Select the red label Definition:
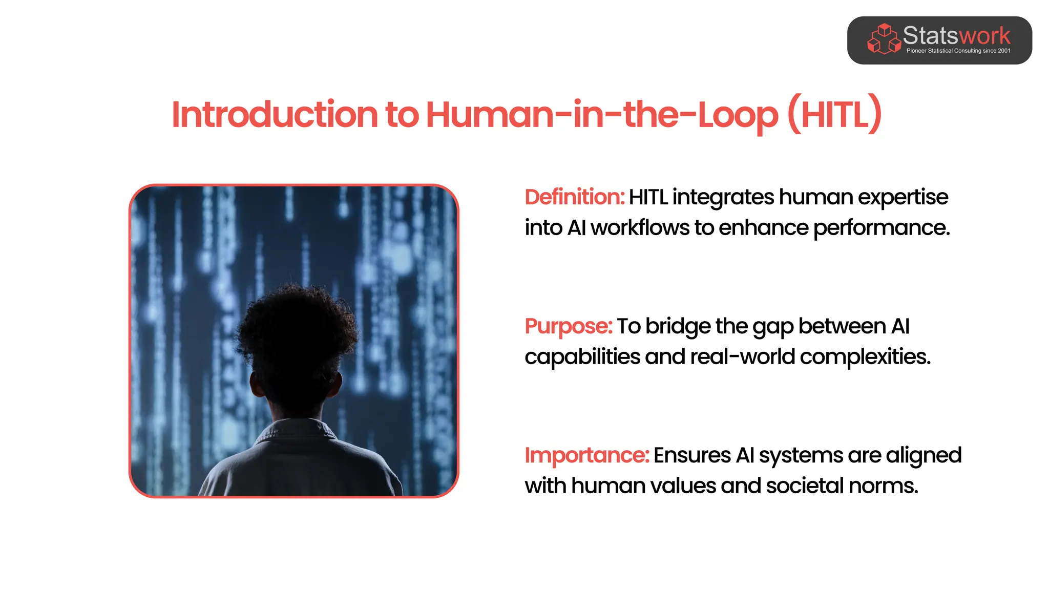tap(574, 197)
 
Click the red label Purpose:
tap(568, 326)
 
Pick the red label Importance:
tap(586, 455)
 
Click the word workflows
tap(640, 228)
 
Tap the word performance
tap(881, 228)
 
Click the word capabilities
tap(582, 357)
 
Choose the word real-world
tap(742, 357)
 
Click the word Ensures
tap(691, 455)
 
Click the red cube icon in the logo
tap(883, 39)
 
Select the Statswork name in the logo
tap(956, 35)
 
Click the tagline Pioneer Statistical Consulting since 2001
tap(958, 51)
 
